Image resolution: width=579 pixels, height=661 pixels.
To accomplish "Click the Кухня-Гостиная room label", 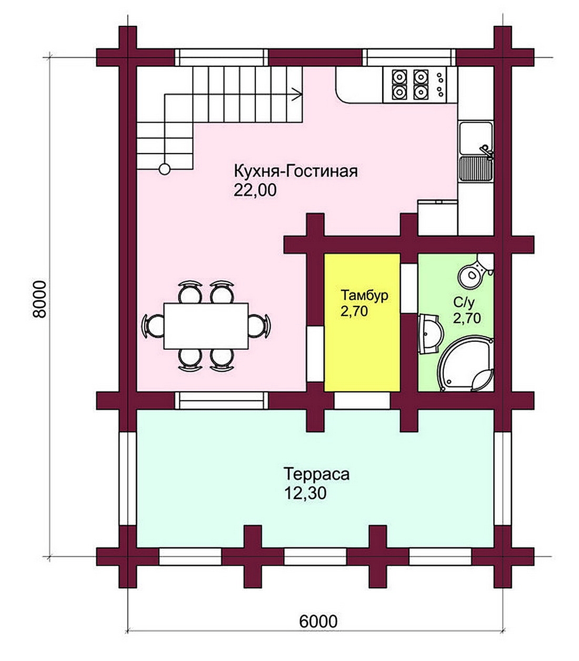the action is click(x=296, y=171).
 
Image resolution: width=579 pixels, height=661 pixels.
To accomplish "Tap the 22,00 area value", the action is click(x=255, y=190).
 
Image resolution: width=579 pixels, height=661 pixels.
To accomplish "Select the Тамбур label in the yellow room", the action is click(x=364, y=296).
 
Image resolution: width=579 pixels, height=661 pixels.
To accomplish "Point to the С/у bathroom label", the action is click(x=464, y=303).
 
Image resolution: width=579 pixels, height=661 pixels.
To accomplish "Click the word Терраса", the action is click(x=317, y=474).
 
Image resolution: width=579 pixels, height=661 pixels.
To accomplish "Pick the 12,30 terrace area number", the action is click(x=305, y=493).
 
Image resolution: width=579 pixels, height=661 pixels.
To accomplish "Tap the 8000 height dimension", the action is click(x=40, y=299).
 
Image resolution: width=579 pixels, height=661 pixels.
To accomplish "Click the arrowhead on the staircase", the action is click(x=297, y=94).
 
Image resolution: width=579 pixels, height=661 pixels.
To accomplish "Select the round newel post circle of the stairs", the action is click(x=165, y=169).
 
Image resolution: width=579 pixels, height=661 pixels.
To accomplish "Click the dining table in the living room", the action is click(x=206, y=326).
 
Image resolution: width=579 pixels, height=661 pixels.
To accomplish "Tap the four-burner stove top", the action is click(x=410, y=85).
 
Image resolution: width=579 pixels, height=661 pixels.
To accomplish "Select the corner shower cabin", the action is click(x=466, y=363).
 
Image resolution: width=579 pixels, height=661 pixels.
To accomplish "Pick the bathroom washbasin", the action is click(x=430, y=333).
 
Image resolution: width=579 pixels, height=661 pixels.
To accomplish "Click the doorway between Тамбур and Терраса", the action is click(x=362, y=401).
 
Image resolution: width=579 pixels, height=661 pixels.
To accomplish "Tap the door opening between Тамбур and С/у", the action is click(x=409, y=288).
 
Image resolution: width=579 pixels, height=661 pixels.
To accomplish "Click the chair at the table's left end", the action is click(x=153, y=326).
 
